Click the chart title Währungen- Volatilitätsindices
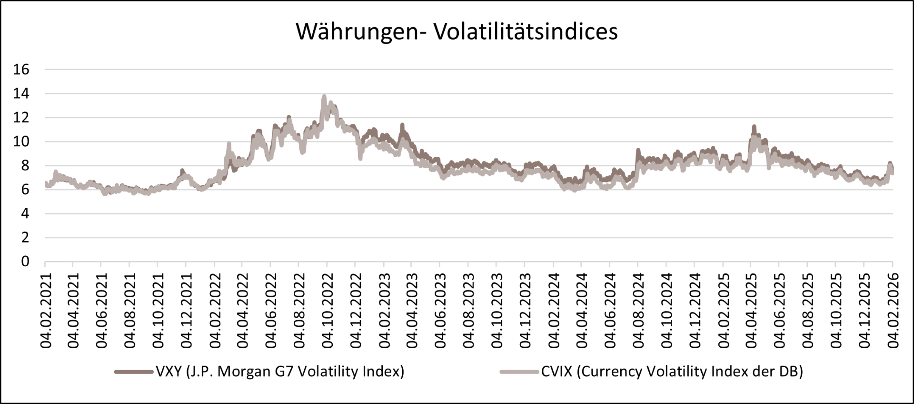coord(457,31)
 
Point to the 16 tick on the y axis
coord(21,70)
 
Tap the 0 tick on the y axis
coord(25,262)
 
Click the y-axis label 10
coord(21,141)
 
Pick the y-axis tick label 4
coord(25,213)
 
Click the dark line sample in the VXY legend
coord(134,372)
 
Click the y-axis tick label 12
coord(21,118)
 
